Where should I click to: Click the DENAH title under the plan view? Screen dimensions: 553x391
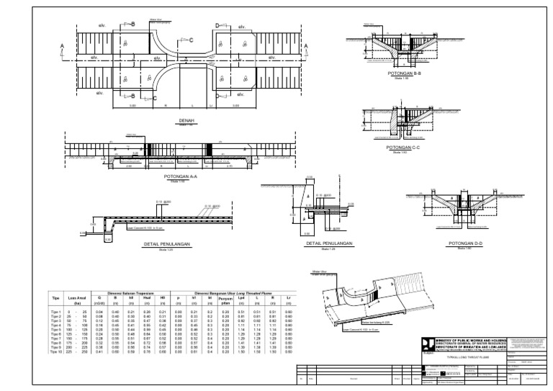[x=187, y=121]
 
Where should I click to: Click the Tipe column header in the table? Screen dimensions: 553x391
[x=55, y=296]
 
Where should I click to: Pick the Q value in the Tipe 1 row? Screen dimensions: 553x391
[x=100, y=310]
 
